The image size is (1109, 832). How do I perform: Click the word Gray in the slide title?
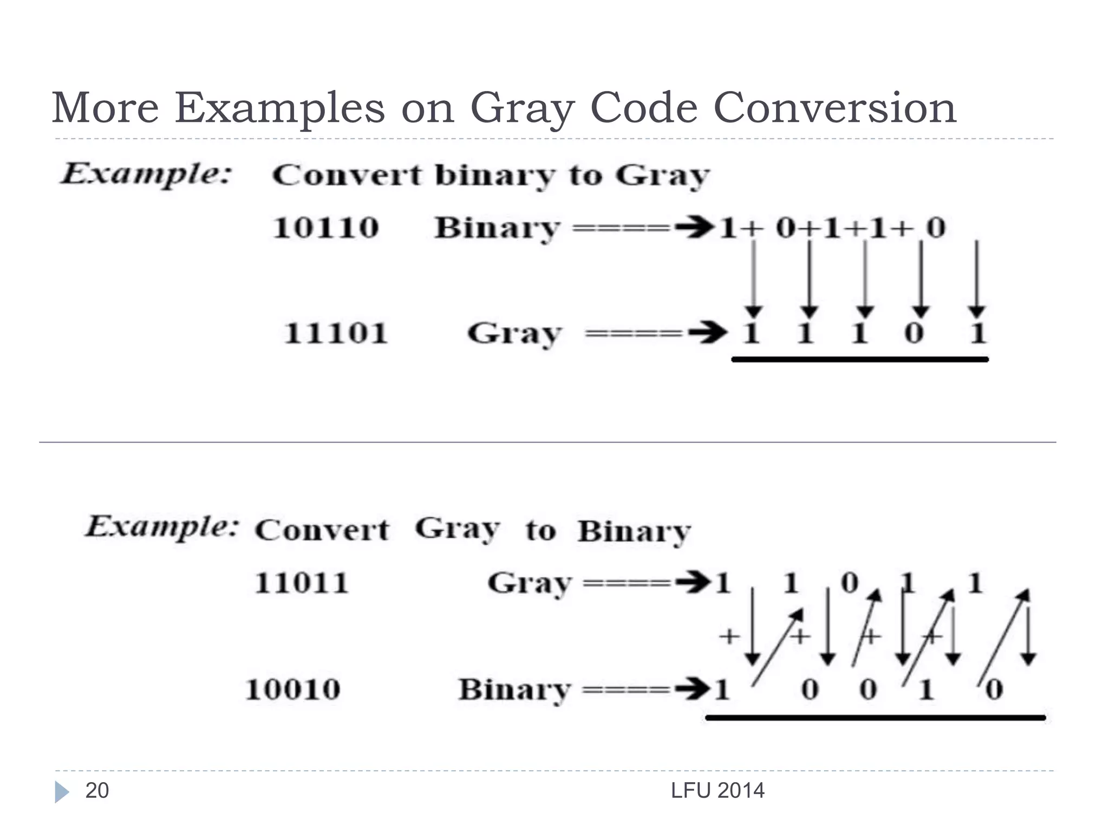pos(521,108)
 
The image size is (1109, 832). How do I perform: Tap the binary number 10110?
pos(325,227)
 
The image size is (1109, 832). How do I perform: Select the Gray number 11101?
pos(336,333)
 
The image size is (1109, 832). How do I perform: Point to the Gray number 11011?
pos(301,583)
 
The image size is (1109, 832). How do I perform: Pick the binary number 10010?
pos(293,690)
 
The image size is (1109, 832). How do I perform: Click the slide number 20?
pos(97,791)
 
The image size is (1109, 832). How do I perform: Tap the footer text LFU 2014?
pos(717,791)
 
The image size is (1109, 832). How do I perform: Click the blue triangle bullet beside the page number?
pos(62,792)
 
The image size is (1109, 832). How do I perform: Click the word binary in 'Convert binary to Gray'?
pos(495,176)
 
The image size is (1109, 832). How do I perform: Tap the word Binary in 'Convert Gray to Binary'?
pos(634,531)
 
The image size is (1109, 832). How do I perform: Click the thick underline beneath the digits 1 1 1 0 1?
pos(860,359)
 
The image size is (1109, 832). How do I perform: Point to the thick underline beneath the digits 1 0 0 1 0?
pos(875,718)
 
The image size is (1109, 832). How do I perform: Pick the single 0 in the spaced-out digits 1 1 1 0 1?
pos(914,333)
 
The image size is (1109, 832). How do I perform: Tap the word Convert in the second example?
pos(322,530)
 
